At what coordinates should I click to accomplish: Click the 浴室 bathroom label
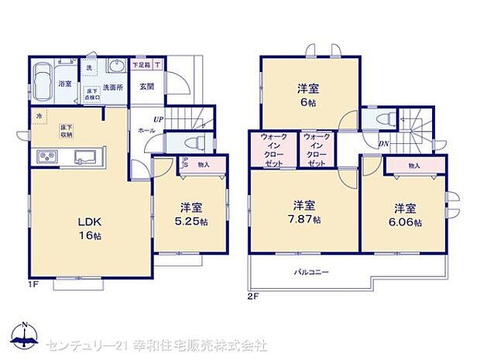click(x=65, y=84)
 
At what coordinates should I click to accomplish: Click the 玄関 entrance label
click(x=146, y=85)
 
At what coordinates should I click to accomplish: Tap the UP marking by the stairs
click(x=159, y=119)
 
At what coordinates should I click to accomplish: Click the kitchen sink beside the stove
click(x=85, y=157)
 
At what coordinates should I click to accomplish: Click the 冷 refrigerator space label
click(x=37, y=115)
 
